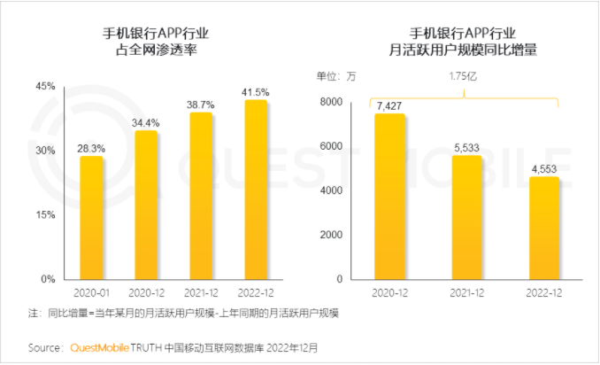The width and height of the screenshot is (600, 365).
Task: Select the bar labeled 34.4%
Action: (x=146, y=205)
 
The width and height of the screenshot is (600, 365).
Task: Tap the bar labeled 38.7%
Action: (x=201, y=196)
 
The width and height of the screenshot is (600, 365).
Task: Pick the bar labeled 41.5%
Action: (x=256, y=190)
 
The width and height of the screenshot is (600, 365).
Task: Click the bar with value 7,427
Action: (x=389, y=196)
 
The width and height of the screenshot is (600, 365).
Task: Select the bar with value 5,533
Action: (x=466, y=217)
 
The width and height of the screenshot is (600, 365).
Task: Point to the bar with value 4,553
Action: (x=543, y=228)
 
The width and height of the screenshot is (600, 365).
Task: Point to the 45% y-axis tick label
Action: (x=46, y=86)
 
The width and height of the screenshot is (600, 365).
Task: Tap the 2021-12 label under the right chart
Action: (x=466, y=291)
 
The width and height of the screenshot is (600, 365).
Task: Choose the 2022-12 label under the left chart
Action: (x=256, y=291)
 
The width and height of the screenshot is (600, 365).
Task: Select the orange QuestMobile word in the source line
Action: (x=100, y=347)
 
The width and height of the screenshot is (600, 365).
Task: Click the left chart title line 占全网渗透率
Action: (x=169, y=51)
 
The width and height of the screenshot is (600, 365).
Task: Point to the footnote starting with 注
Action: (x=185, y=314)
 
